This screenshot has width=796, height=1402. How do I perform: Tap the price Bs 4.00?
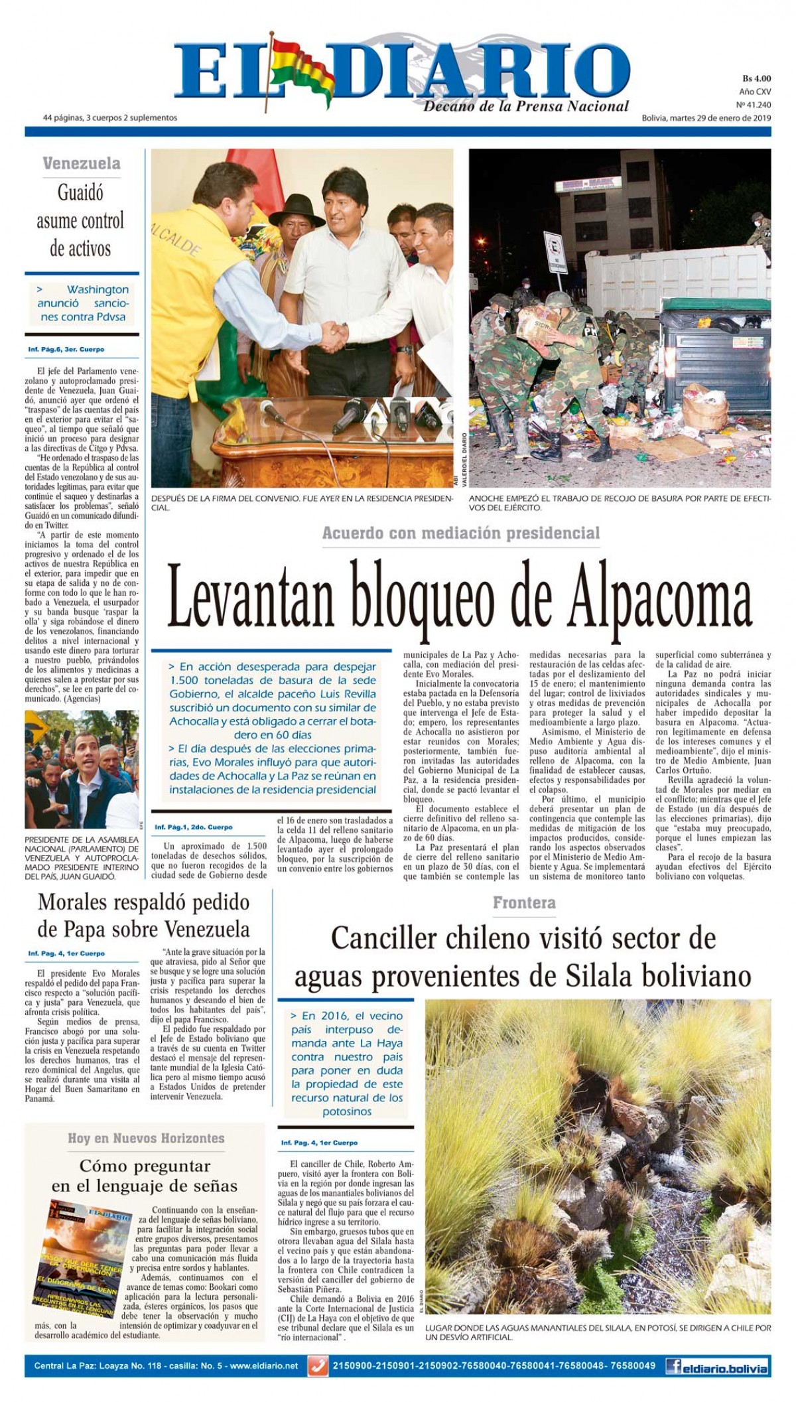pos(756,78)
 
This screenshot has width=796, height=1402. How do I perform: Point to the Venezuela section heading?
pos(82,163)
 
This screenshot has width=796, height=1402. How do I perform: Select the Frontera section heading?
pos(524,902)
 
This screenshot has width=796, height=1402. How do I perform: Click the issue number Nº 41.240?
pos(754,105)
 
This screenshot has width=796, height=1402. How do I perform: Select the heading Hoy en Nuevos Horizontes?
pos(146,1139)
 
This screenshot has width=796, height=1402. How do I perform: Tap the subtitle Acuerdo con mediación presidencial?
pos(461,533)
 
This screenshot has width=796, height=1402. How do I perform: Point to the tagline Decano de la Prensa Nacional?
pos(526,106)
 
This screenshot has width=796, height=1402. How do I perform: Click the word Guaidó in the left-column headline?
pos(80,193)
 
